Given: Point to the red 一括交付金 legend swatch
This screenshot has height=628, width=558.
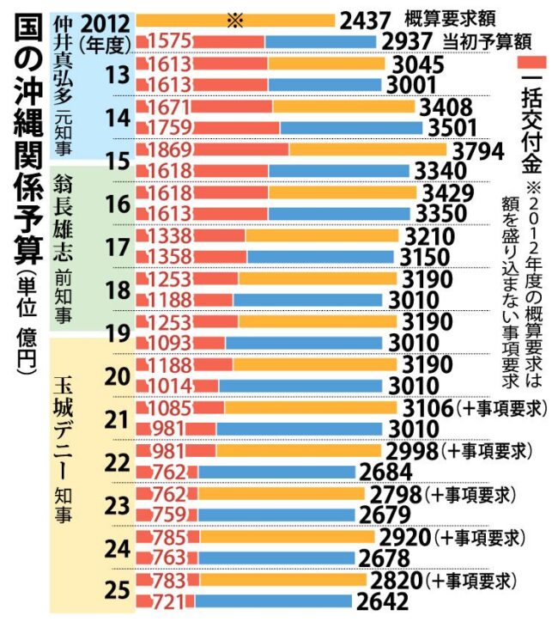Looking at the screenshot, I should click(x=533, y=64).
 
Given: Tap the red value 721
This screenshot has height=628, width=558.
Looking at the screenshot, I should click(x=168, y=602).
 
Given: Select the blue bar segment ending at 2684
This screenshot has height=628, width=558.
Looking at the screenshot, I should click(x=276, y=472).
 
